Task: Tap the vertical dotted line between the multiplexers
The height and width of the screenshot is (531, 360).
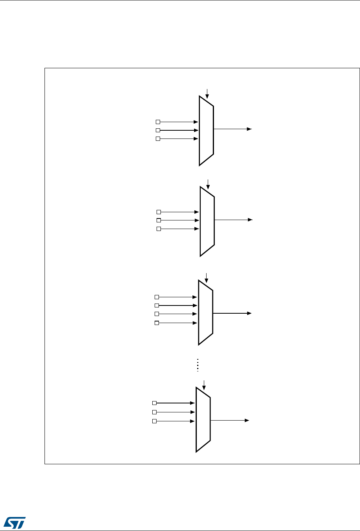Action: coord(198,364)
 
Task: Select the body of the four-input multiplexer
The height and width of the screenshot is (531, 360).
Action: coord(205,313)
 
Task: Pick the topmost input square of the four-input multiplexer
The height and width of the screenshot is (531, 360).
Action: coord(157,297)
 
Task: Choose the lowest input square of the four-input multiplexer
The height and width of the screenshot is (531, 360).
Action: coord(157,323)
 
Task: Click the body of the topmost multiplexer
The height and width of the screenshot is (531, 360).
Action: coord(206,131)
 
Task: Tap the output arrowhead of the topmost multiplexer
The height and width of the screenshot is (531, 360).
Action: coord(250,129)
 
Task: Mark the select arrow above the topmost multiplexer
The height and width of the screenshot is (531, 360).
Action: coord(207,93)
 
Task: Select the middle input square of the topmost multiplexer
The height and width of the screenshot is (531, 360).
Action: coord(158,130)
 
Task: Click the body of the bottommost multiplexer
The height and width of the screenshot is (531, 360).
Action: coord(203,419)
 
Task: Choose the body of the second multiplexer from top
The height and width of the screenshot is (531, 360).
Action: coord(207,221)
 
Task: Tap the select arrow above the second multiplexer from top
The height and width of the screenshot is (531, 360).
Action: coord(209,184)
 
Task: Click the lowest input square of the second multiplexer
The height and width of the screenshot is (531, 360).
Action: coord(159,229)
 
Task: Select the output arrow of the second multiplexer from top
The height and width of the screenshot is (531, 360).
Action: coord(233,220)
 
